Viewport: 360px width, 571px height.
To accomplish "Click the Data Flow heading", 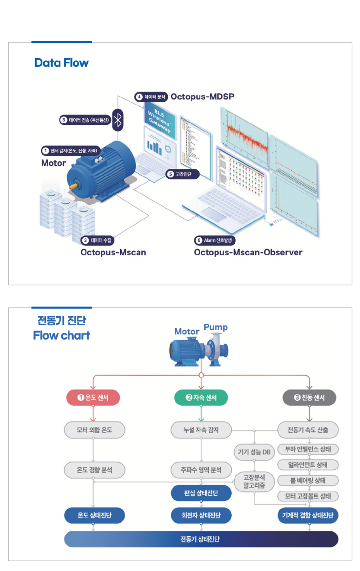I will click(61, 63).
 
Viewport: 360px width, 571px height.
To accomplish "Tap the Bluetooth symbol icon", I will click(118, 119).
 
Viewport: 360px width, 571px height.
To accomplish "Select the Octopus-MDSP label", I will click(202, 97).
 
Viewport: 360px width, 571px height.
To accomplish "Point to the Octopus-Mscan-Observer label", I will click(248, 252).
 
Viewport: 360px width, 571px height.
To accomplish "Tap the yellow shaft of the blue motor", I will click(72, 186).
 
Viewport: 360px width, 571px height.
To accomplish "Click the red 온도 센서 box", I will click(93, 398).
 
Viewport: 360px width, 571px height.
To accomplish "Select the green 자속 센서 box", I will click(201, 398).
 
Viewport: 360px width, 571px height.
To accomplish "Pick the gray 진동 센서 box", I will click(309, 398).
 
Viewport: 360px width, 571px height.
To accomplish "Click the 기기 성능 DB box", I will click(254, 452).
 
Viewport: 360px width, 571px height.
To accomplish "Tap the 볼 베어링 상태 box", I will click(308, 480).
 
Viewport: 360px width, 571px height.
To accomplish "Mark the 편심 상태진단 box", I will click(201, 493).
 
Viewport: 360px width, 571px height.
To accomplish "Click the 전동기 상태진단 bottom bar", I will click(201, 539).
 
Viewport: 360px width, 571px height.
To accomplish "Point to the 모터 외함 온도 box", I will click(93, 430).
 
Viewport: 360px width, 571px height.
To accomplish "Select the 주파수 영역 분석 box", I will click(201, 470).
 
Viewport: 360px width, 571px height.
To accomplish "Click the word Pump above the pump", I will click(216, 327).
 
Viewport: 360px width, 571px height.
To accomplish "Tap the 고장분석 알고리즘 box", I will click(254, 481).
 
